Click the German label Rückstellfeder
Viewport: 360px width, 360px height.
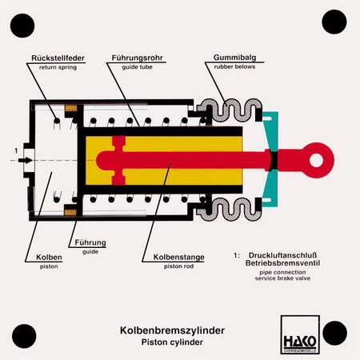coord(58,58)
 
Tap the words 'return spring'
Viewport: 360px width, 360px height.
coord(58,67)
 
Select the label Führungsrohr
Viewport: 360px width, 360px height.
coord(138,58)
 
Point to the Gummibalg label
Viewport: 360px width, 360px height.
coord(234,58)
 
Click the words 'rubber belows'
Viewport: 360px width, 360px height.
coord(234,66)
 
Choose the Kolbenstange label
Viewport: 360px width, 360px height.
coord(178,258)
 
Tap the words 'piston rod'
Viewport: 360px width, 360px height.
coord(178,266)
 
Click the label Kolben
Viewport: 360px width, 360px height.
coord(49,258)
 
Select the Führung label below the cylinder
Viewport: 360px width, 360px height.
coord(90,242)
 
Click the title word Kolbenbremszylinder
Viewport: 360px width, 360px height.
coord(172,330)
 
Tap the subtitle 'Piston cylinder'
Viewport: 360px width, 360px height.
coord(172,342)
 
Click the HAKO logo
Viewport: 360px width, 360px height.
coord(300,334)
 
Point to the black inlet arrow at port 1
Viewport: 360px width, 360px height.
coord(26,160)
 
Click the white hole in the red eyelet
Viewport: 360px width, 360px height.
coord(317,160)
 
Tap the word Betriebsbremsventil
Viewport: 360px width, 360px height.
coord(282,263)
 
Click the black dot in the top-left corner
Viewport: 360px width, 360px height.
coord(22,26)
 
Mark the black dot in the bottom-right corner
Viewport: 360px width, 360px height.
coord(334,333)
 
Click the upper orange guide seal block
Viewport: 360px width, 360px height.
coord(71,108)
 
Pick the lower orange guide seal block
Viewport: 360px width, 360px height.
coord(70,212)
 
